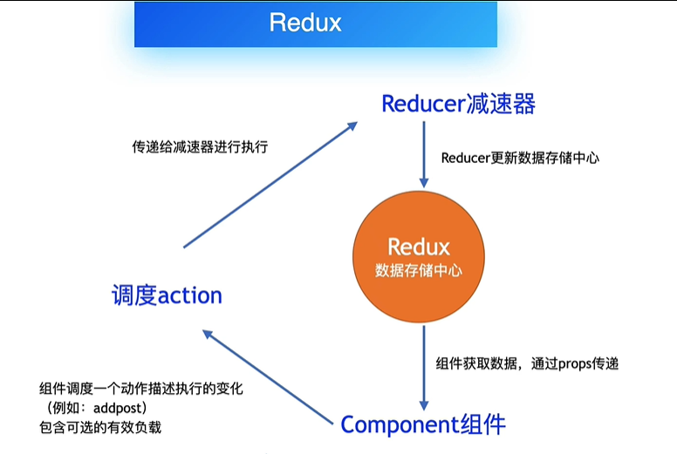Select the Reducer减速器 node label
pos(458,104)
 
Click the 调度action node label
pos(167,295)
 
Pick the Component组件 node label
pos(423,424)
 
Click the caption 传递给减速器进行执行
pos(199,146)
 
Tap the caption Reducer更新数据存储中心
pos(520,159)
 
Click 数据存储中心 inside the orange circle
pos(419,271)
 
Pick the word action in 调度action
pos(189,295)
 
